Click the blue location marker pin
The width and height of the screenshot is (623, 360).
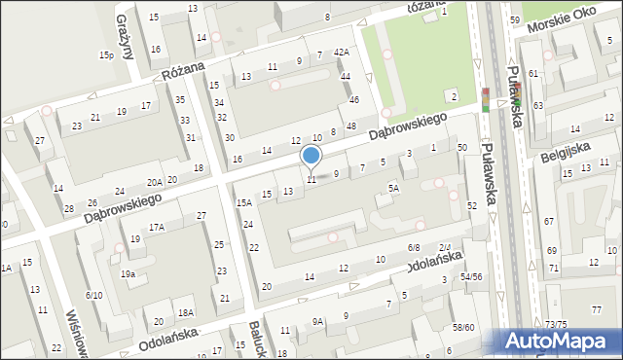point(311,156)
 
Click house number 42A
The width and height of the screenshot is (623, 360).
point(341,52)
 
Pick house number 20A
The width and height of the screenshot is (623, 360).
point(154,182)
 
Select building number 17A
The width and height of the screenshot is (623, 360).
point(157,227)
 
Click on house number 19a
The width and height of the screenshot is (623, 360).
point(128,274)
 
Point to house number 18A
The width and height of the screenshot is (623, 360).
point(185,312)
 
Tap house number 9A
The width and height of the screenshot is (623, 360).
point(317,322)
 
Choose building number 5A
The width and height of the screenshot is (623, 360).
point(393,188)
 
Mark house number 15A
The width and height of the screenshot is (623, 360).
point(243,202)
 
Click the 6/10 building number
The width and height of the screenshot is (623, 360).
point(93,295)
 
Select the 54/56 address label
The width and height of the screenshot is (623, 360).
point(471,277)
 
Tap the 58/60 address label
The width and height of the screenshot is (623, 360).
point(463,327)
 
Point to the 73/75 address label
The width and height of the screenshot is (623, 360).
point(555,324)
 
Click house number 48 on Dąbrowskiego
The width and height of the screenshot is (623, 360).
point(350,127)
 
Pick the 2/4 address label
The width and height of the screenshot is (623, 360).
point(445,248)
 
